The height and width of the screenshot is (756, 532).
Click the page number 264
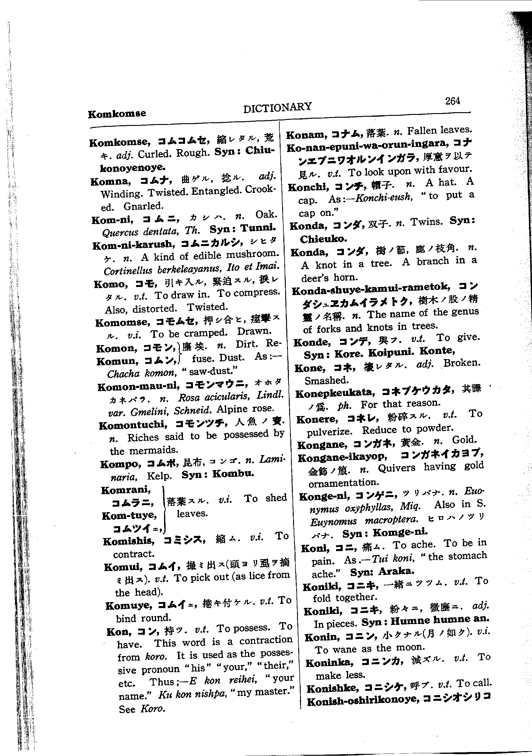click(453, 101)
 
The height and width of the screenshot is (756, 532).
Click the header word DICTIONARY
click(277, 107)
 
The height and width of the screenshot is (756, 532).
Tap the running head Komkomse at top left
click(117, 114)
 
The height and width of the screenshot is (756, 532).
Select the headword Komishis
click(128, 541)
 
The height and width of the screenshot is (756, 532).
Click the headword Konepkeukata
click(335, 393)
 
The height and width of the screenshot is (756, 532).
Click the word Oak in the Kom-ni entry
click(266, 215)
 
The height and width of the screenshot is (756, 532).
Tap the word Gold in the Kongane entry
click(464, 440)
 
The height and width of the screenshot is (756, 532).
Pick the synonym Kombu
click(233, 474)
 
